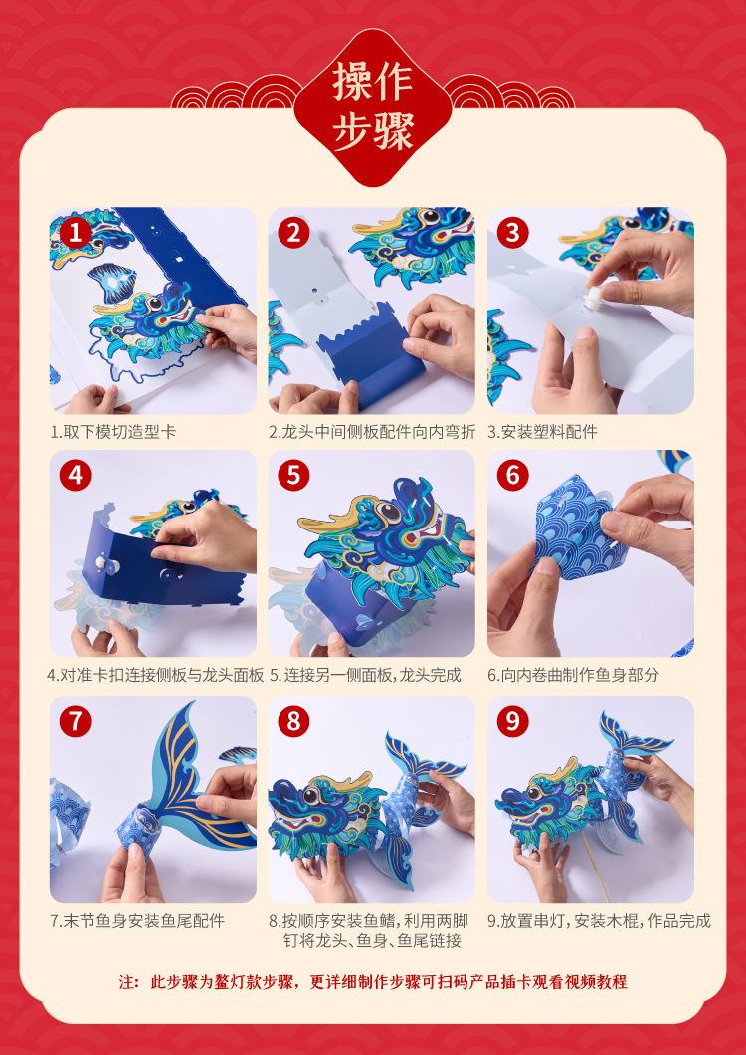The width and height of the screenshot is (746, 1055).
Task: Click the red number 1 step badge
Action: click(76, 233)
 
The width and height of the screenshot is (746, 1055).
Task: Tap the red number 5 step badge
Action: click(294, 476)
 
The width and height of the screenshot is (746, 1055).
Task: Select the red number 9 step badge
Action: click(512, 721)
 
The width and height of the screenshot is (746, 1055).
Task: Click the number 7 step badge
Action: click(76, 721)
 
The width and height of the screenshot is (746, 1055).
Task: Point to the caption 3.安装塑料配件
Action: click(542, 431)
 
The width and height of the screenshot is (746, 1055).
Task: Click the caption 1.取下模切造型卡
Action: click(113, 431)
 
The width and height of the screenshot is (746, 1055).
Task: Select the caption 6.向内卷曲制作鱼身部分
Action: click(573, 675)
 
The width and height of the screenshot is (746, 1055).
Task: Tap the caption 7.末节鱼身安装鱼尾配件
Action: click(137, 920)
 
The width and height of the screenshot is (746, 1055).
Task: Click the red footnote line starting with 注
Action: click(373, 981)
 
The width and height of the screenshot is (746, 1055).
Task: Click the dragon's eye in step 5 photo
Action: click(390, 512)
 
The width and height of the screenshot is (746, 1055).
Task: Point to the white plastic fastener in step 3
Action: click(595, 299)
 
